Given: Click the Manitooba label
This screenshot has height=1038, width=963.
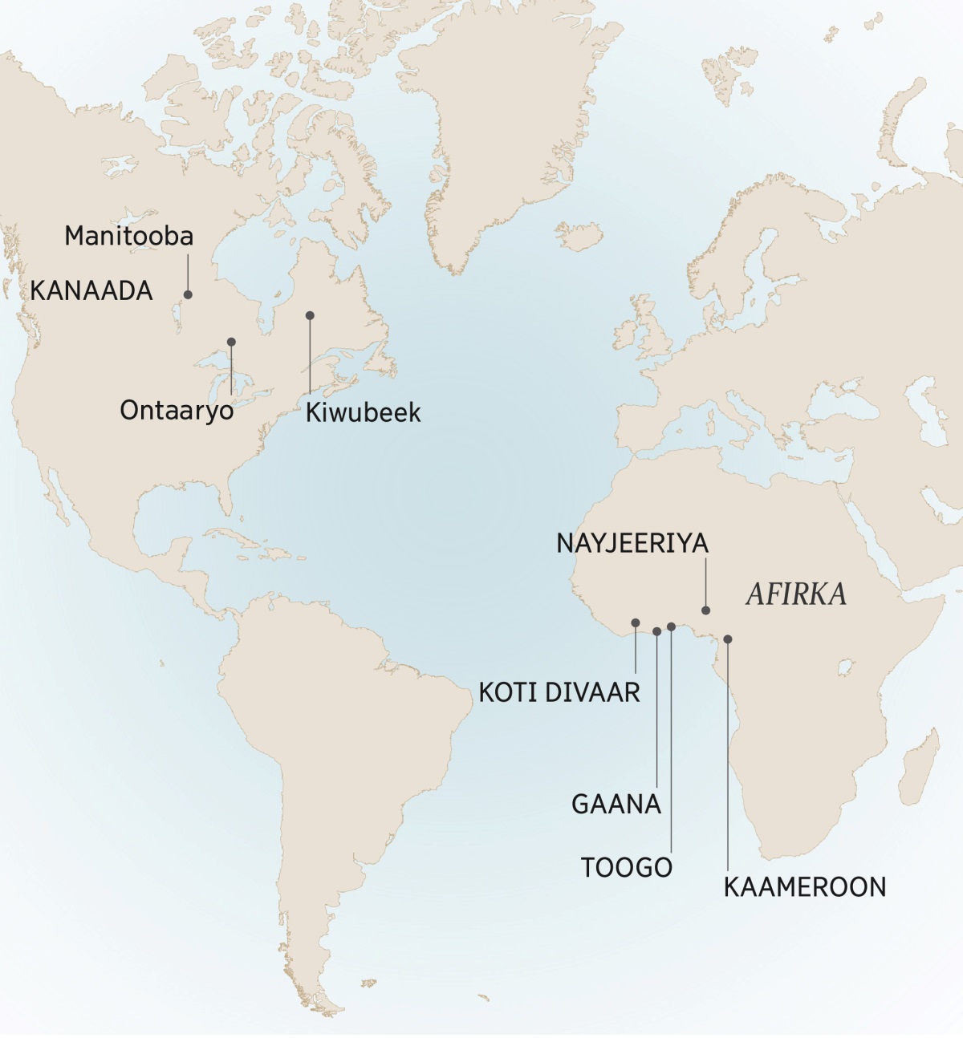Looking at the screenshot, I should point(128,236).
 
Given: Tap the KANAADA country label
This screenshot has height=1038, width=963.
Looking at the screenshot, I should point(91,290).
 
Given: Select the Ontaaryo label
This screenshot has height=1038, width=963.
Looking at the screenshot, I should point(177,411).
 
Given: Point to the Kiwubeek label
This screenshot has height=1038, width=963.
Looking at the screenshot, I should point(363,412).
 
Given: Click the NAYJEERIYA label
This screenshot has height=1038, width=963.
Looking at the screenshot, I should point(632,543).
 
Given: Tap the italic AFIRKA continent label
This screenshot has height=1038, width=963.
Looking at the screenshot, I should point(796,594).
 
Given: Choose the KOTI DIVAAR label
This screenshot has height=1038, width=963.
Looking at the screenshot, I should point(559,691).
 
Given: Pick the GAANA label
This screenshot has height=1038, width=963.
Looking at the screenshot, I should point(616,804).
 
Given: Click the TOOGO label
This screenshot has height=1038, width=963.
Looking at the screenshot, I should point(626,867).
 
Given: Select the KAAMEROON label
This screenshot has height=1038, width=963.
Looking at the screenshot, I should point(805,887).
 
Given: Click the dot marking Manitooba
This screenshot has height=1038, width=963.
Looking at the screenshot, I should point(189,294).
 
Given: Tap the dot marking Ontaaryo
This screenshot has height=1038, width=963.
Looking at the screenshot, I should point(231,342).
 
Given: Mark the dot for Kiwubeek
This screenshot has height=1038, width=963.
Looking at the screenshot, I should point(310,315).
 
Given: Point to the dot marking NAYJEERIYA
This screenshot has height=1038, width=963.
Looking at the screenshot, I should point(706,610).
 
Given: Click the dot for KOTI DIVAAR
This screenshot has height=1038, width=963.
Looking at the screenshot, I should point(636,622).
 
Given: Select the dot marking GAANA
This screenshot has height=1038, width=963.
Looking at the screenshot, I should point(657,631).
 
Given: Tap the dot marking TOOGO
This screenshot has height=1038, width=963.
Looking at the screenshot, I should point(671,626).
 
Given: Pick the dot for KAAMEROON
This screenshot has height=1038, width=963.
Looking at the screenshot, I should point(728,639).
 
